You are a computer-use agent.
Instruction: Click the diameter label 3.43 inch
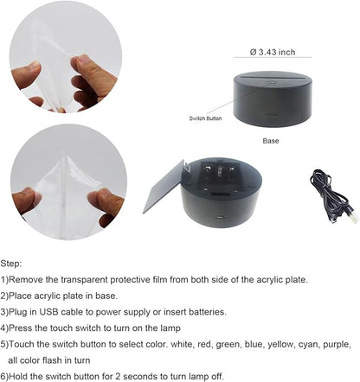click(x=273, y=52)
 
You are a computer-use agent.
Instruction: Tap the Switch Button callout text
click(x=205, y=118)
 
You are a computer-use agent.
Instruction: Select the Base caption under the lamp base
click(x=271, y=141)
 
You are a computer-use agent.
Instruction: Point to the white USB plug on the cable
click(x=353, y=217)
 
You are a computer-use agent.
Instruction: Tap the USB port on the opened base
click(x=221, y=217)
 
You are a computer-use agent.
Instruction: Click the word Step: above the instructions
click(x=11, y=264)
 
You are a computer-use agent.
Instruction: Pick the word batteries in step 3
click(x=208, y=312)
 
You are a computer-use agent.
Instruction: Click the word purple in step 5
click(x=337, y=345)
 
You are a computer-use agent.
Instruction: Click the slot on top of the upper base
click(x=272, y=77)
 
